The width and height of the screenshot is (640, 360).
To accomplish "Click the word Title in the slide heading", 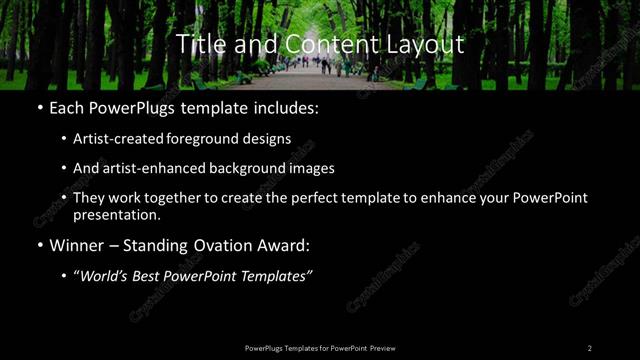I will coord(197,45).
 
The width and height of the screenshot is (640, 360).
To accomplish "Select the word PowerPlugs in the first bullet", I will coord(140,107).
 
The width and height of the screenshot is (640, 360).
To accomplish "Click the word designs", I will coord(269,138).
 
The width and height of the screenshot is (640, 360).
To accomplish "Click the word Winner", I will coord(77,246).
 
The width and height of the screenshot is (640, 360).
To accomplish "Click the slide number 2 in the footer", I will coord(590,348).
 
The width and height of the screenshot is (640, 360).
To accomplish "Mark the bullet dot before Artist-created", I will coord(64,139).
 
